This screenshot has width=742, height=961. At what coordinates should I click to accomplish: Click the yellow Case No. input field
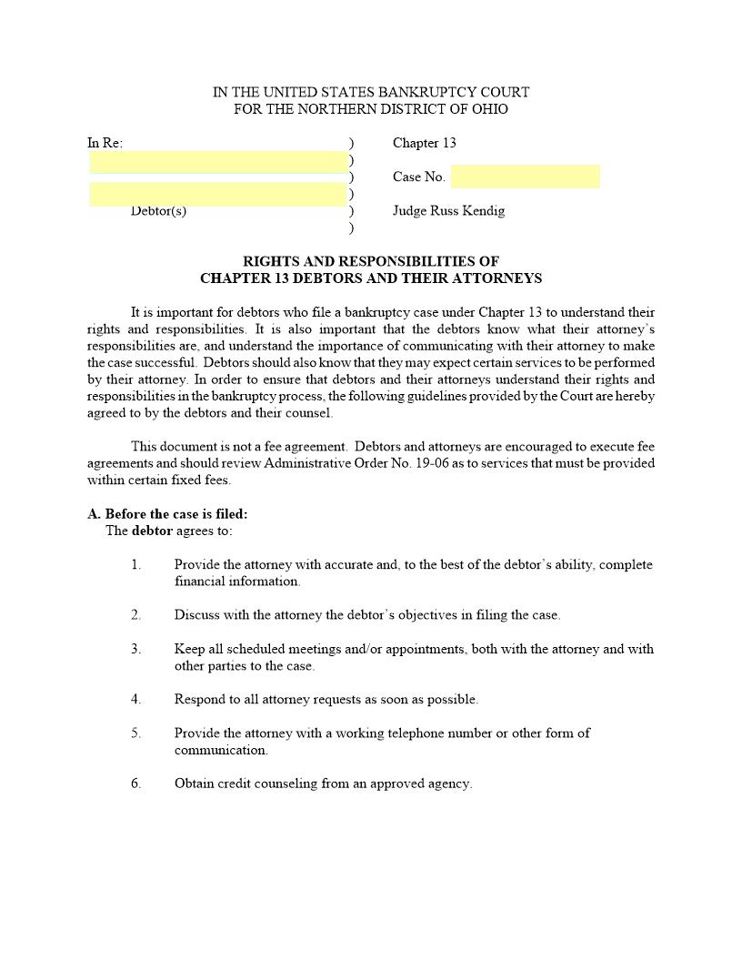[x=525, y=177]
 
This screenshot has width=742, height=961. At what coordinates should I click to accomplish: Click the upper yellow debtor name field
[x=217, y=161]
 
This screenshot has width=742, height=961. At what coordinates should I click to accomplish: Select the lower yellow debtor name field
[x=217, y=194]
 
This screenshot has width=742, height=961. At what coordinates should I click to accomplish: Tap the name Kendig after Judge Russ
[x=483, y=211]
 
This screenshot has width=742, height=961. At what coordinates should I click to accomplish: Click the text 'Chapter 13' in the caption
[x=424, y=143]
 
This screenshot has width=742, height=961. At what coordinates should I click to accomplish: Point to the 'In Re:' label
[x=105, y=143]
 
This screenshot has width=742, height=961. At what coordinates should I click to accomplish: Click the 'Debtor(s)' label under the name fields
[x=158, y=211]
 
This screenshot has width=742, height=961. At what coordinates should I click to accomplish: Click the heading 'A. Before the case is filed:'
[x=167, y=514]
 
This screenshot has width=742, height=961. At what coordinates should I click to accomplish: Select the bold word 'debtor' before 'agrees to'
[x=152, y=531]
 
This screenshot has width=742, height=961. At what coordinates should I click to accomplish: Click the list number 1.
[x=135, y=565]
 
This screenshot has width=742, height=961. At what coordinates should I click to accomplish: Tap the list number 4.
[x=135, y=700]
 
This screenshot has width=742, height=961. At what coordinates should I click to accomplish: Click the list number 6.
[x=135, y=784]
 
